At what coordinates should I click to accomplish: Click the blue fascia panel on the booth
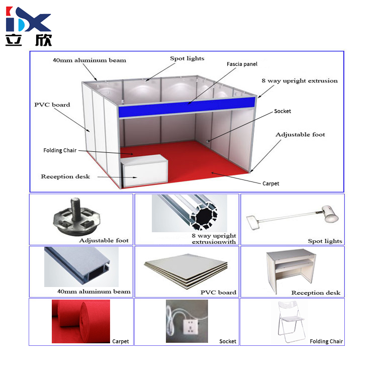pyautogui.click(x=187, y=107)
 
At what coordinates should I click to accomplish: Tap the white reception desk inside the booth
pyautogui.click(x=144, y=171)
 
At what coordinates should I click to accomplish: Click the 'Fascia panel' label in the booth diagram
pyautogui.click(x=242, y=64)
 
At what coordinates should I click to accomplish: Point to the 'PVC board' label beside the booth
pyautogui.click(x=52, y=105)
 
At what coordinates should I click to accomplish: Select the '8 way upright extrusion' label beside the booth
pyautogui.click(x=300, y=81)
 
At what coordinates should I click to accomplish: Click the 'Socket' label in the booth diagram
pyautogui.click(x=282, y=111)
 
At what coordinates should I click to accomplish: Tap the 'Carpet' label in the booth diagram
pyautogui.click(x=271, y=183)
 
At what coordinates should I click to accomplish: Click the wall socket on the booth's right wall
pyautogui.click(x=208, y=141)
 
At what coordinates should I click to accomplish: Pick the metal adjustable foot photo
pyautogui.click(x=76, y=216)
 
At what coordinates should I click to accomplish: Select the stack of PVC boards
pyautogui.click(x=186, y=271)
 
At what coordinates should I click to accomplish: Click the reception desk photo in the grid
pyautogui.click(x=291, y=270)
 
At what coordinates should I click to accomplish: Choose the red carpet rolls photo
pyautogui.click(x=81, y=321)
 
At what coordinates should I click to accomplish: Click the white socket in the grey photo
pyautogui.click(x=191, y=326)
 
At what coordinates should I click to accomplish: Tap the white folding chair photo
pyautogui.click(x=292, y=322)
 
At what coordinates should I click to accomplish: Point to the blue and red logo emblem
pyautogui.click(x=28, y=19)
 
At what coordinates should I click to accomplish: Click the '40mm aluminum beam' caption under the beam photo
pyautogui.click(x=94, y=292)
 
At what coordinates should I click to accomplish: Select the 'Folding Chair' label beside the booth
pyautogui.click(x=60, y=150)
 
